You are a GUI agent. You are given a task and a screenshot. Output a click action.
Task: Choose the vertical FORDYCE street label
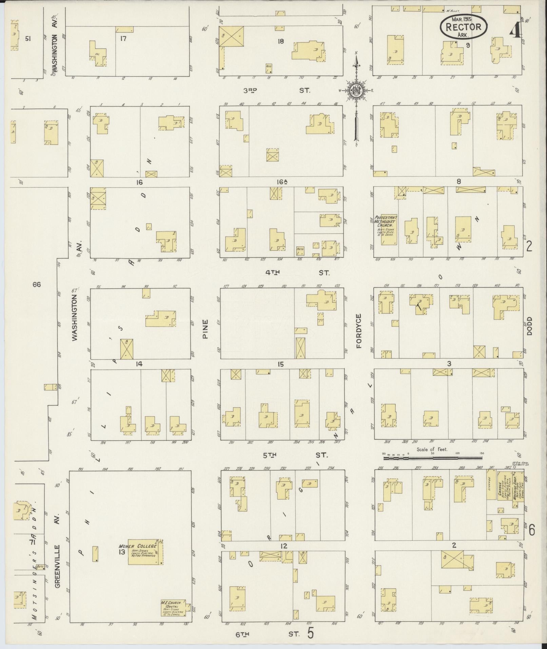point(359,331)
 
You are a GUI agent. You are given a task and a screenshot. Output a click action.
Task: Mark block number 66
point(37,284)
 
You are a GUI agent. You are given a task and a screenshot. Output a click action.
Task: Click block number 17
point(123,39)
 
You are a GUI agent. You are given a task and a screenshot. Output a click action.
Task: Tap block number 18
point(280,41)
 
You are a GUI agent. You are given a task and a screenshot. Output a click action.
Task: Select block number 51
point(28,39)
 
